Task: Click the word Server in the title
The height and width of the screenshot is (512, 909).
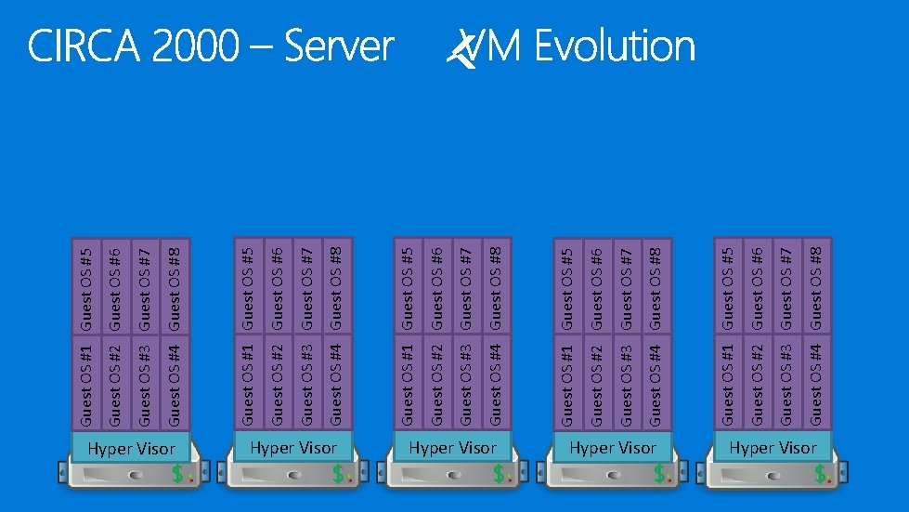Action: tap(339, 46)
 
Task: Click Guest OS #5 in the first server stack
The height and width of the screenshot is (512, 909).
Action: tap(86, 286)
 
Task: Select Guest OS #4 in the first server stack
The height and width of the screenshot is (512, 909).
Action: tap(175, 383)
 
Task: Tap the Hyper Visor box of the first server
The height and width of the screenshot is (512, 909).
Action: tap(131, 449)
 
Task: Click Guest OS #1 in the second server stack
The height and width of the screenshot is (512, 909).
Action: tap(248, 383)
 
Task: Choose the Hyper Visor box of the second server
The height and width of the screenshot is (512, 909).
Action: tap(292, 447)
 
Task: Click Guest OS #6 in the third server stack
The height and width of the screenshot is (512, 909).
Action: tap(437, 286)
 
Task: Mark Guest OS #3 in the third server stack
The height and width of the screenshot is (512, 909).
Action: tap(466, 383)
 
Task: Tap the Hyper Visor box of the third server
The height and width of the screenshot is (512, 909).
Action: tap(452, 447)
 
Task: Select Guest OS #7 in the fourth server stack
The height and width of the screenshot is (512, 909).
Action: tap(627, 286)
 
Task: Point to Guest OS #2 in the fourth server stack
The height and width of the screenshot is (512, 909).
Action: tap(597, 383)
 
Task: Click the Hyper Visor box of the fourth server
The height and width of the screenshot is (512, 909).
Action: tap(613, 447)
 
